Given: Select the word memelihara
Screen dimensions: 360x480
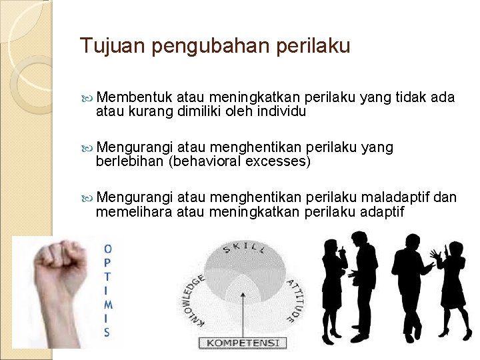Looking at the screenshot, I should pyautogui.click(x=133, y=211).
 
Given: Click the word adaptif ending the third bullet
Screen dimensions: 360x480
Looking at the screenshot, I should pyautogui.click(x=382, y=211).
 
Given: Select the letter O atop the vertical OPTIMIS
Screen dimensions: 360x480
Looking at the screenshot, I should pyautogui.click(x=108, y=249).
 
